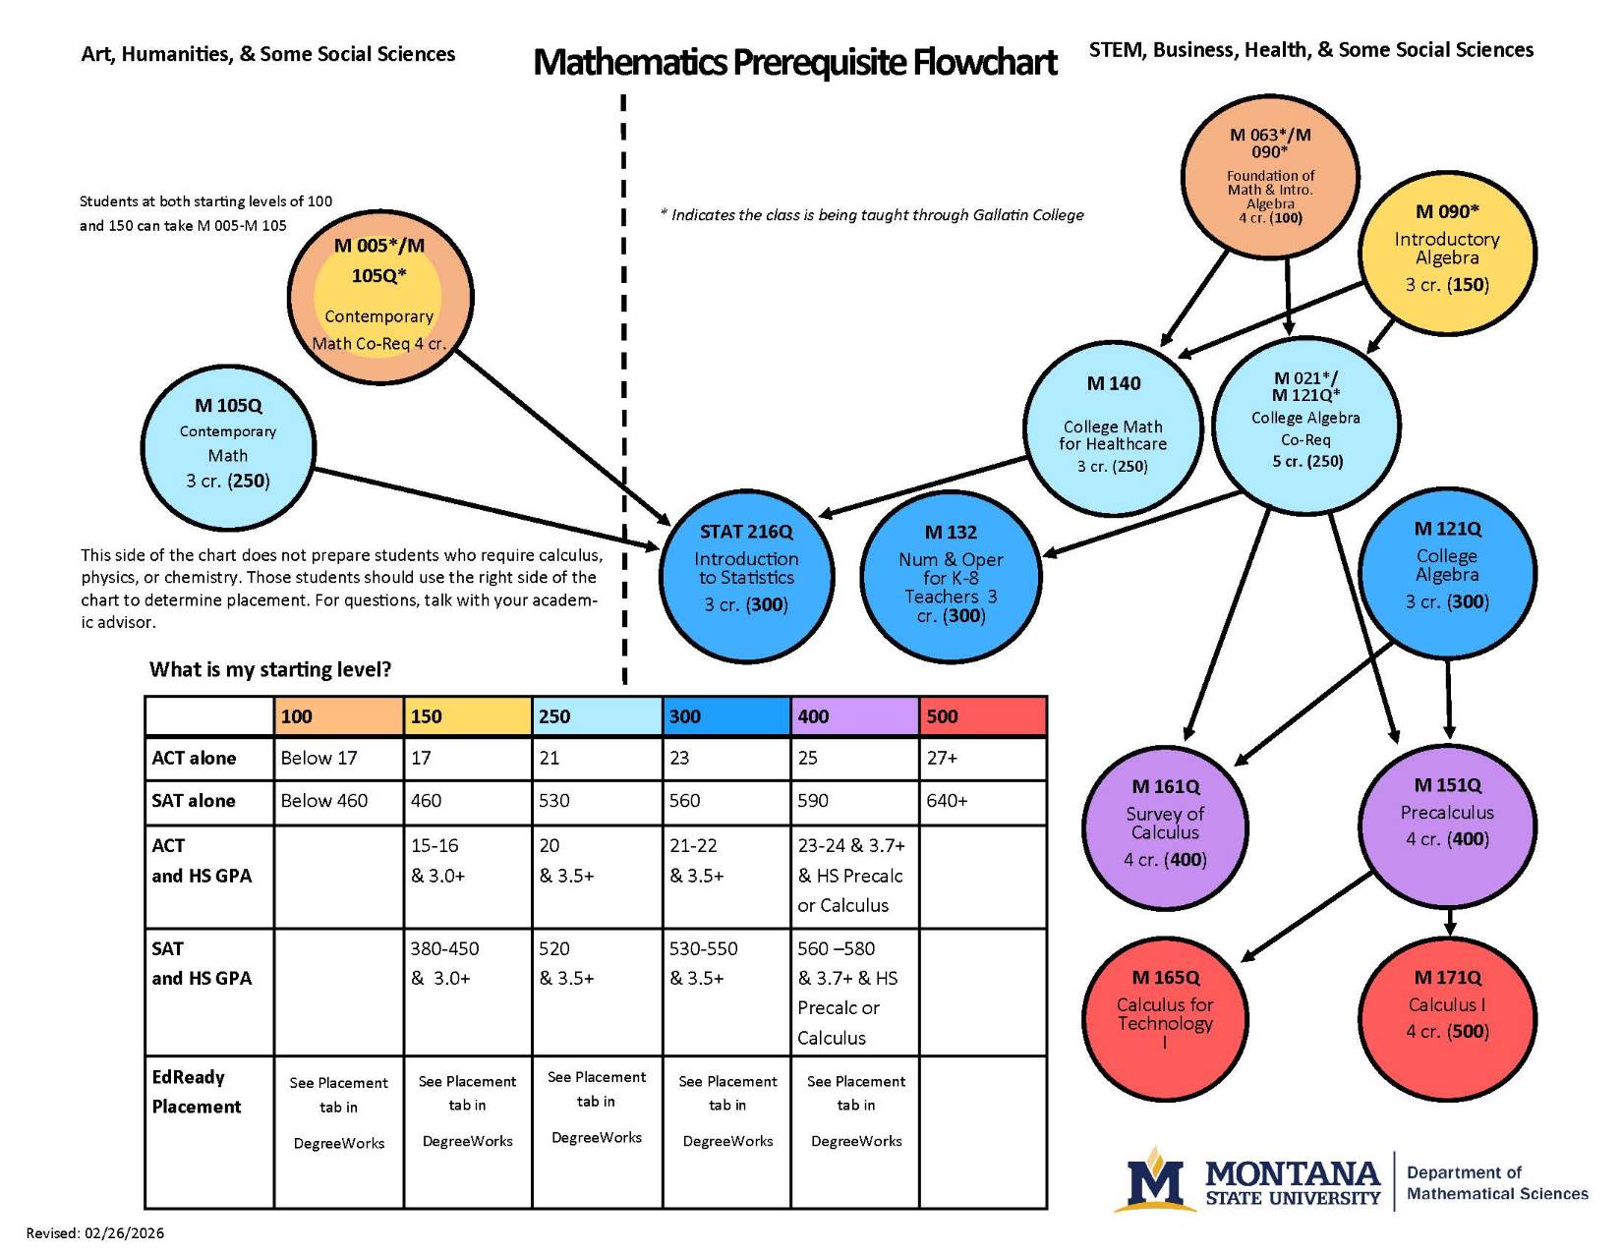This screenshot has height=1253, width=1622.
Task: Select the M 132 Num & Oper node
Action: (950, 576)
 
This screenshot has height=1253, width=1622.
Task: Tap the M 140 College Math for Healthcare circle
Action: (1113, 428)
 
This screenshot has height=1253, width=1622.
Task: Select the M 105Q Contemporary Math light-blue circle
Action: (228, 447)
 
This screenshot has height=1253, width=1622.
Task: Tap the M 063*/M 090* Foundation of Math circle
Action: (1269, 177)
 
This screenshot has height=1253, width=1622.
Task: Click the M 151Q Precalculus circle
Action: (1447, 824)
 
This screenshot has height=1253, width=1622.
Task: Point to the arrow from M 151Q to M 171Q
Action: (1450, 922)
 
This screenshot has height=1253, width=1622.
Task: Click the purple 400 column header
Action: (853, 716)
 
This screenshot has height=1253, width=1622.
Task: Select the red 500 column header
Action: (982, 716)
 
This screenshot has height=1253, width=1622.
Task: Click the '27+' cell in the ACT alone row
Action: (982, 759)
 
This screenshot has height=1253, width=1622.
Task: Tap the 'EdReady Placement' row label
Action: (197, 1092)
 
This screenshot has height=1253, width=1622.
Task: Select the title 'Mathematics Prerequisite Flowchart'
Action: (794, 62)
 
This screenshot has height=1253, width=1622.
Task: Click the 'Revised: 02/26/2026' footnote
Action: (95, 1232)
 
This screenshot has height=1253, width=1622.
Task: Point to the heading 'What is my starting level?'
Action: (270, 669)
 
